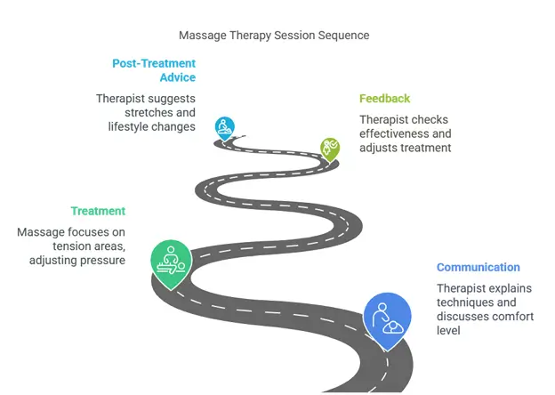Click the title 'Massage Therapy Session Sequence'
click(274, 36)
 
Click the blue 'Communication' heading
click(478, 268)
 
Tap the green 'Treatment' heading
click(98, 212)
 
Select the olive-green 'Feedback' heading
click(384, 99)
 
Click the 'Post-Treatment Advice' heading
click(154, 70)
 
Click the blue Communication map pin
click(387, 318)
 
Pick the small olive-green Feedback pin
click(330, 148)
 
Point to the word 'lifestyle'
click(122, 127)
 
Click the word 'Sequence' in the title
click(343, 36)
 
